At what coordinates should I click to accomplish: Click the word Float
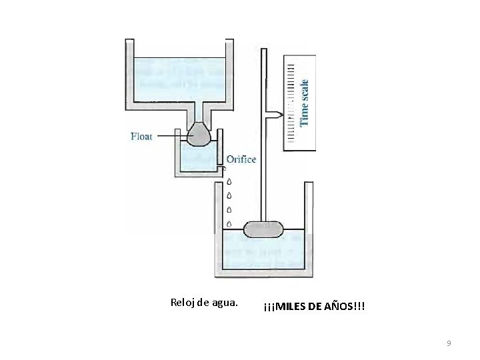[142, 137]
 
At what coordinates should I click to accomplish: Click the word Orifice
[241, 159]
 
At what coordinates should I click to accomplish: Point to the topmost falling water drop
[229, 181]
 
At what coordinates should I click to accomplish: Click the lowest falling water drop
[229, 223]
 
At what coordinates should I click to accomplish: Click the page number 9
[449, 343]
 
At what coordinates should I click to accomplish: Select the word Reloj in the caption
[183, 303]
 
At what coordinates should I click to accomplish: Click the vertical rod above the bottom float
[263, 167]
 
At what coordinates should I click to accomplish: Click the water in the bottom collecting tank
[263, 253]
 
